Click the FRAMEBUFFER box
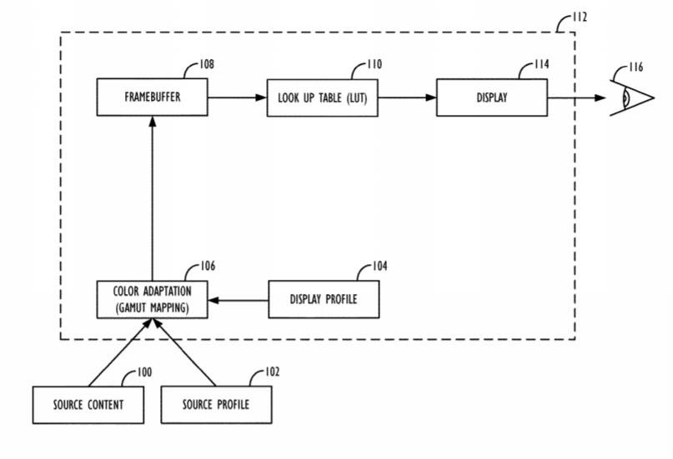tap(152, 97)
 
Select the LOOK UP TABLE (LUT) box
tap(322, 97)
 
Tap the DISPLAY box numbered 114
tap(492, 97)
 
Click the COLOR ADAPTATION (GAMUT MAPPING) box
tap(152, 298)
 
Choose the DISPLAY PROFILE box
tap(322, 298)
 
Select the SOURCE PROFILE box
tap(214, 404)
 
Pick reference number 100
tap(143, 372)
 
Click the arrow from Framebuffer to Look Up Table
tap(237, 97)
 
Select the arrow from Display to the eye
tap(575, 97)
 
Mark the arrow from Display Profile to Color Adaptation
tap(238, 298)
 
